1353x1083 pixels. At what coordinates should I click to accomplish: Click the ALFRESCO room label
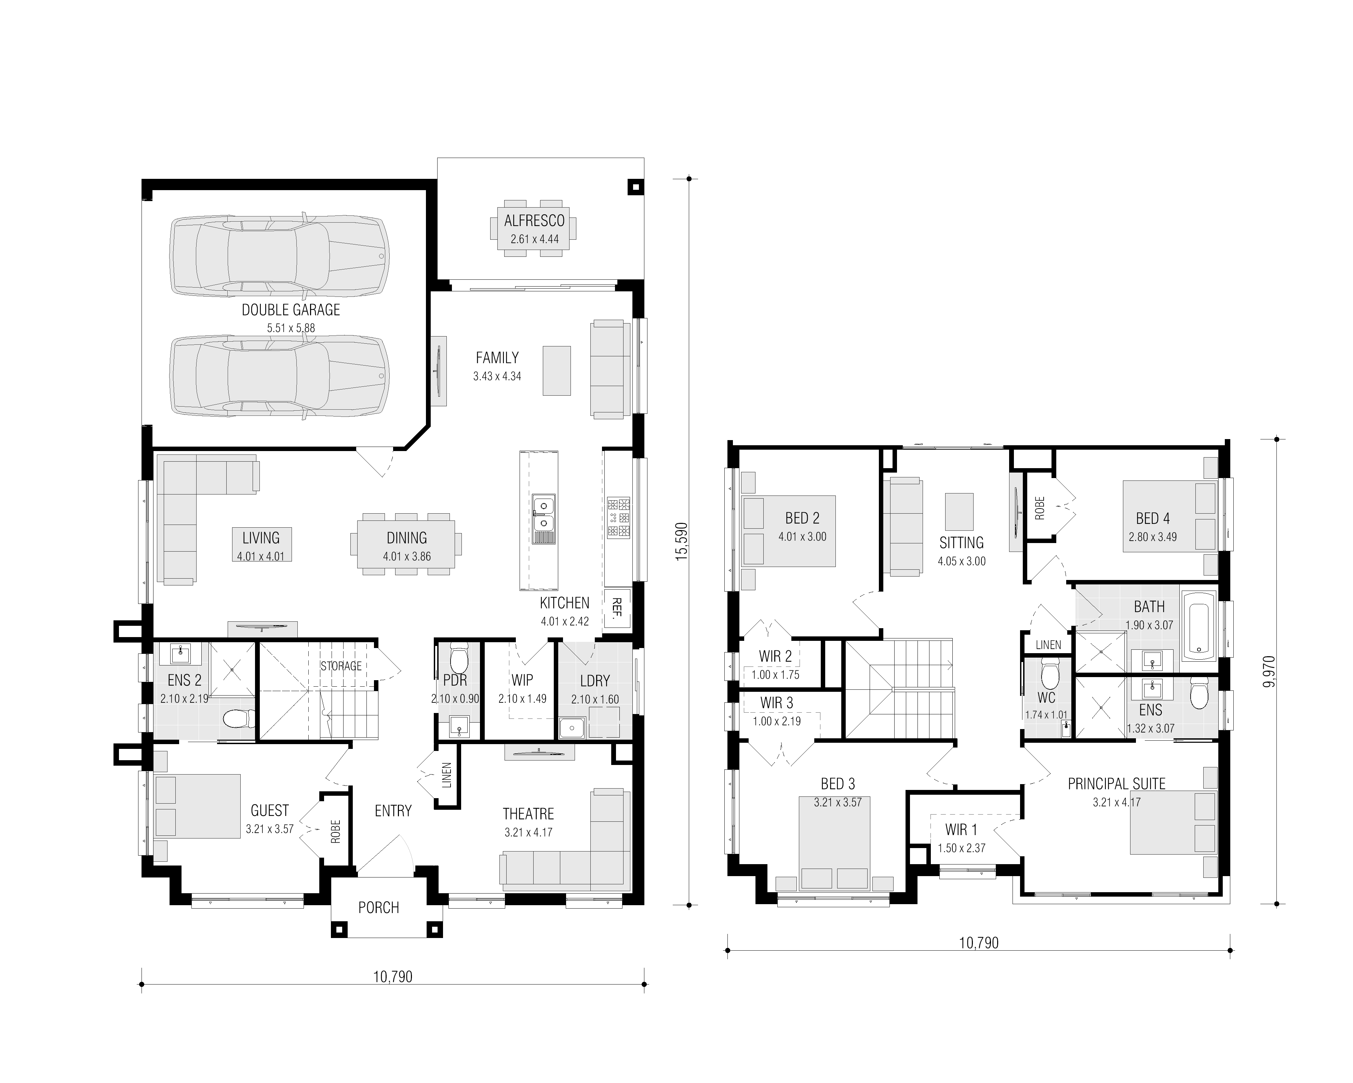coord(534,221)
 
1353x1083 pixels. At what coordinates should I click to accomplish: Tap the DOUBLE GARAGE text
coord(291,310)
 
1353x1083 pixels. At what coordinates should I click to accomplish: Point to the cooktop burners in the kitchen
coord(618,518)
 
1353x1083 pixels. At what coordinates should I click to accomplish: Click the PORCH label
coord(378,908)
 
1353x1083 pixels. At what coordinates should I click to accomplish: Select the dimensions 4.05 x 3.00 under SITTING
coord(961,561)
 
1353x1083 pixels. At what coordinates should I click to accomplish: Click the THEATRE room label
coord(528,814)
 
